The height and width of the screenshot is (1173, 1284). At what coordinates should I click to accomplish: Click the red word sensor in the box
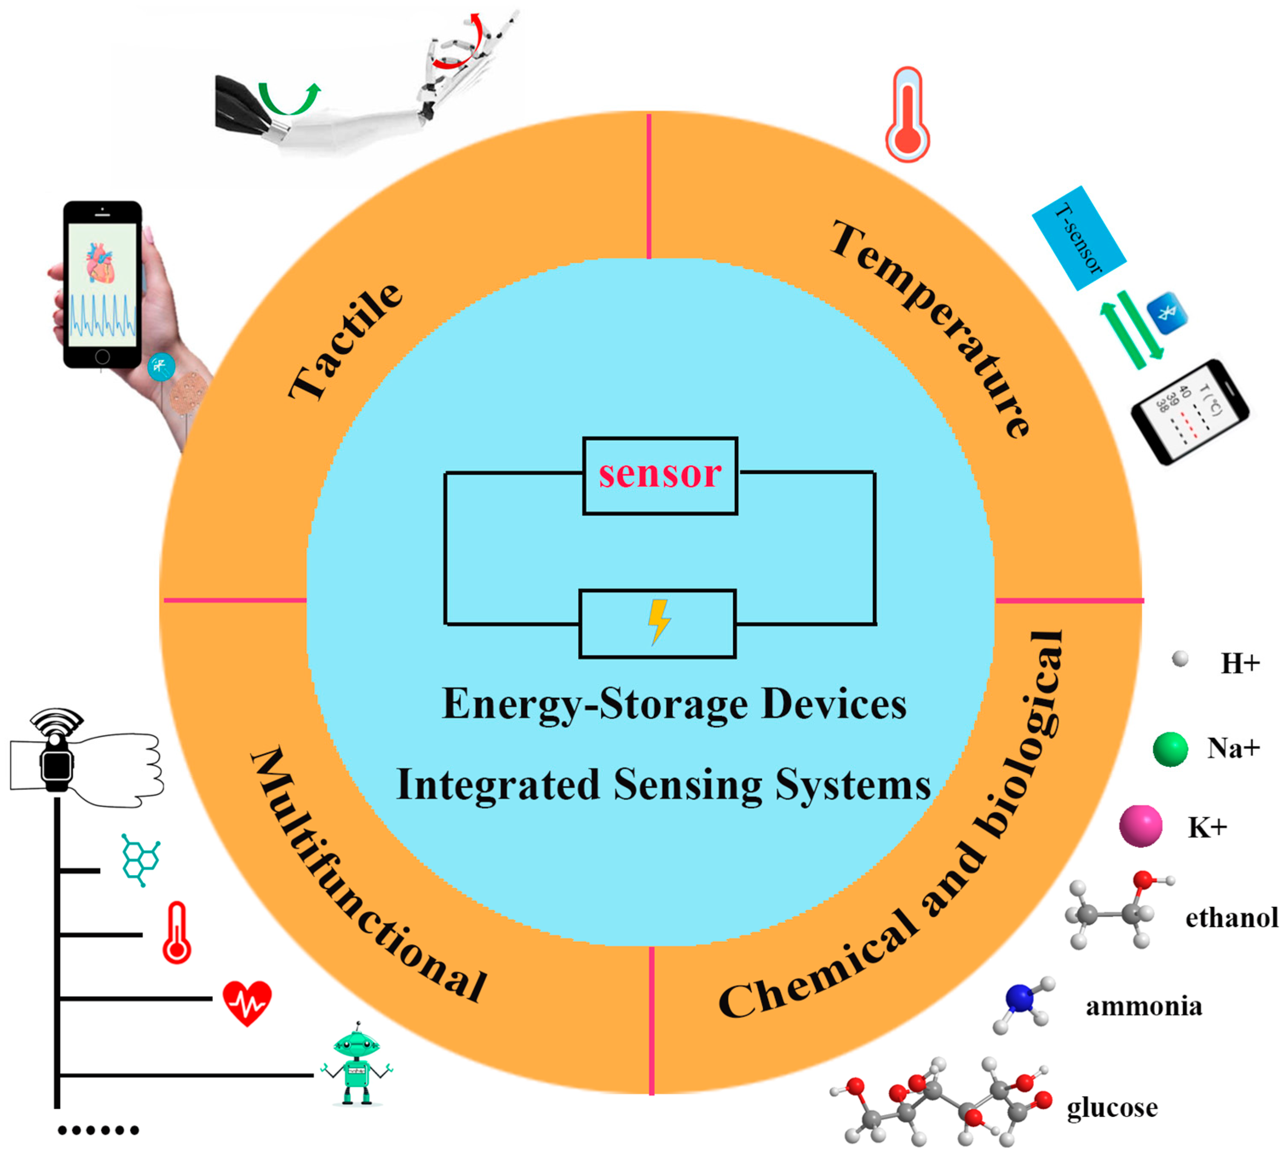pyautogui.click(x=660, y=474)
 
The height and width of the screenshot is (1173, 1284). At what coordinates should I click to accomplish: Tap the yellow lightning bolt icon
pyautogui.click(x=659, y=621)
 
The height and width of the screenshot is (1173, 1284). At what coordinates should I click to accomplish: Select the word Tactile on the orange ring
pyautogui.click(x=346, y=342)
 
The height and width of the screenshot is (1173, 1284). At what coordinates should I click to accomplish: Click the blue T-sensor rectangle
pyautogui.click(x=1078, y=238)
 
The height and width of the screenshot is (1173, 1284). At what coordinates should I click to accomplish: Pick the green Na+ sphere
pyautogui.click(x=1170, y=749)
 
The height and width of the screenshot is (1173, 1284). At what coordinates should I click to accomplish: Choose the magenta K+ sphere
pyautogui.click(x=1140, y=826)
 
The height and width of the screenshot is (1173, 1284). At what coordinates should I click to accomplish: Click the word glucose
pyautogui.click(x=1112, y=1107)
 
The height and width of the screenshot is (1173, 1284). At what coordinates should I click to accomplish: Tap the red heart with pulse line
pyautogui.click(x=247, y=1002)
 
